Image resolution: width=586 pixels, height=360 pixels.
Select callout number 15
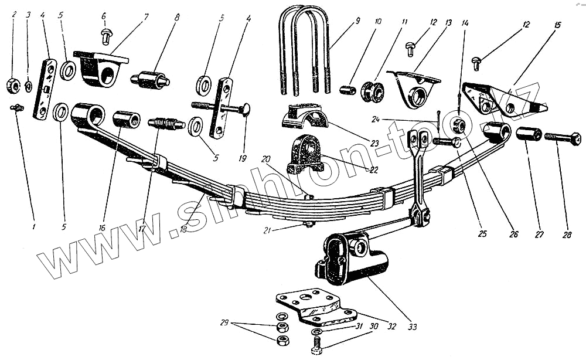click(x=557, y=25)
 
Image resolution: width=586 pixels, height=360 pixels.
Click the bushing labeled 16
click(x=127, y=119)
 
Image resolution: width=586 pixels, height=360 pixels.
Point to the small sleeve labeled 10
click(x=348, y=90)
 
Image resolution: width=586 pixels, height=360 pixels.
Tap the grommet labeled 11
click(x=373, y=91)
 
